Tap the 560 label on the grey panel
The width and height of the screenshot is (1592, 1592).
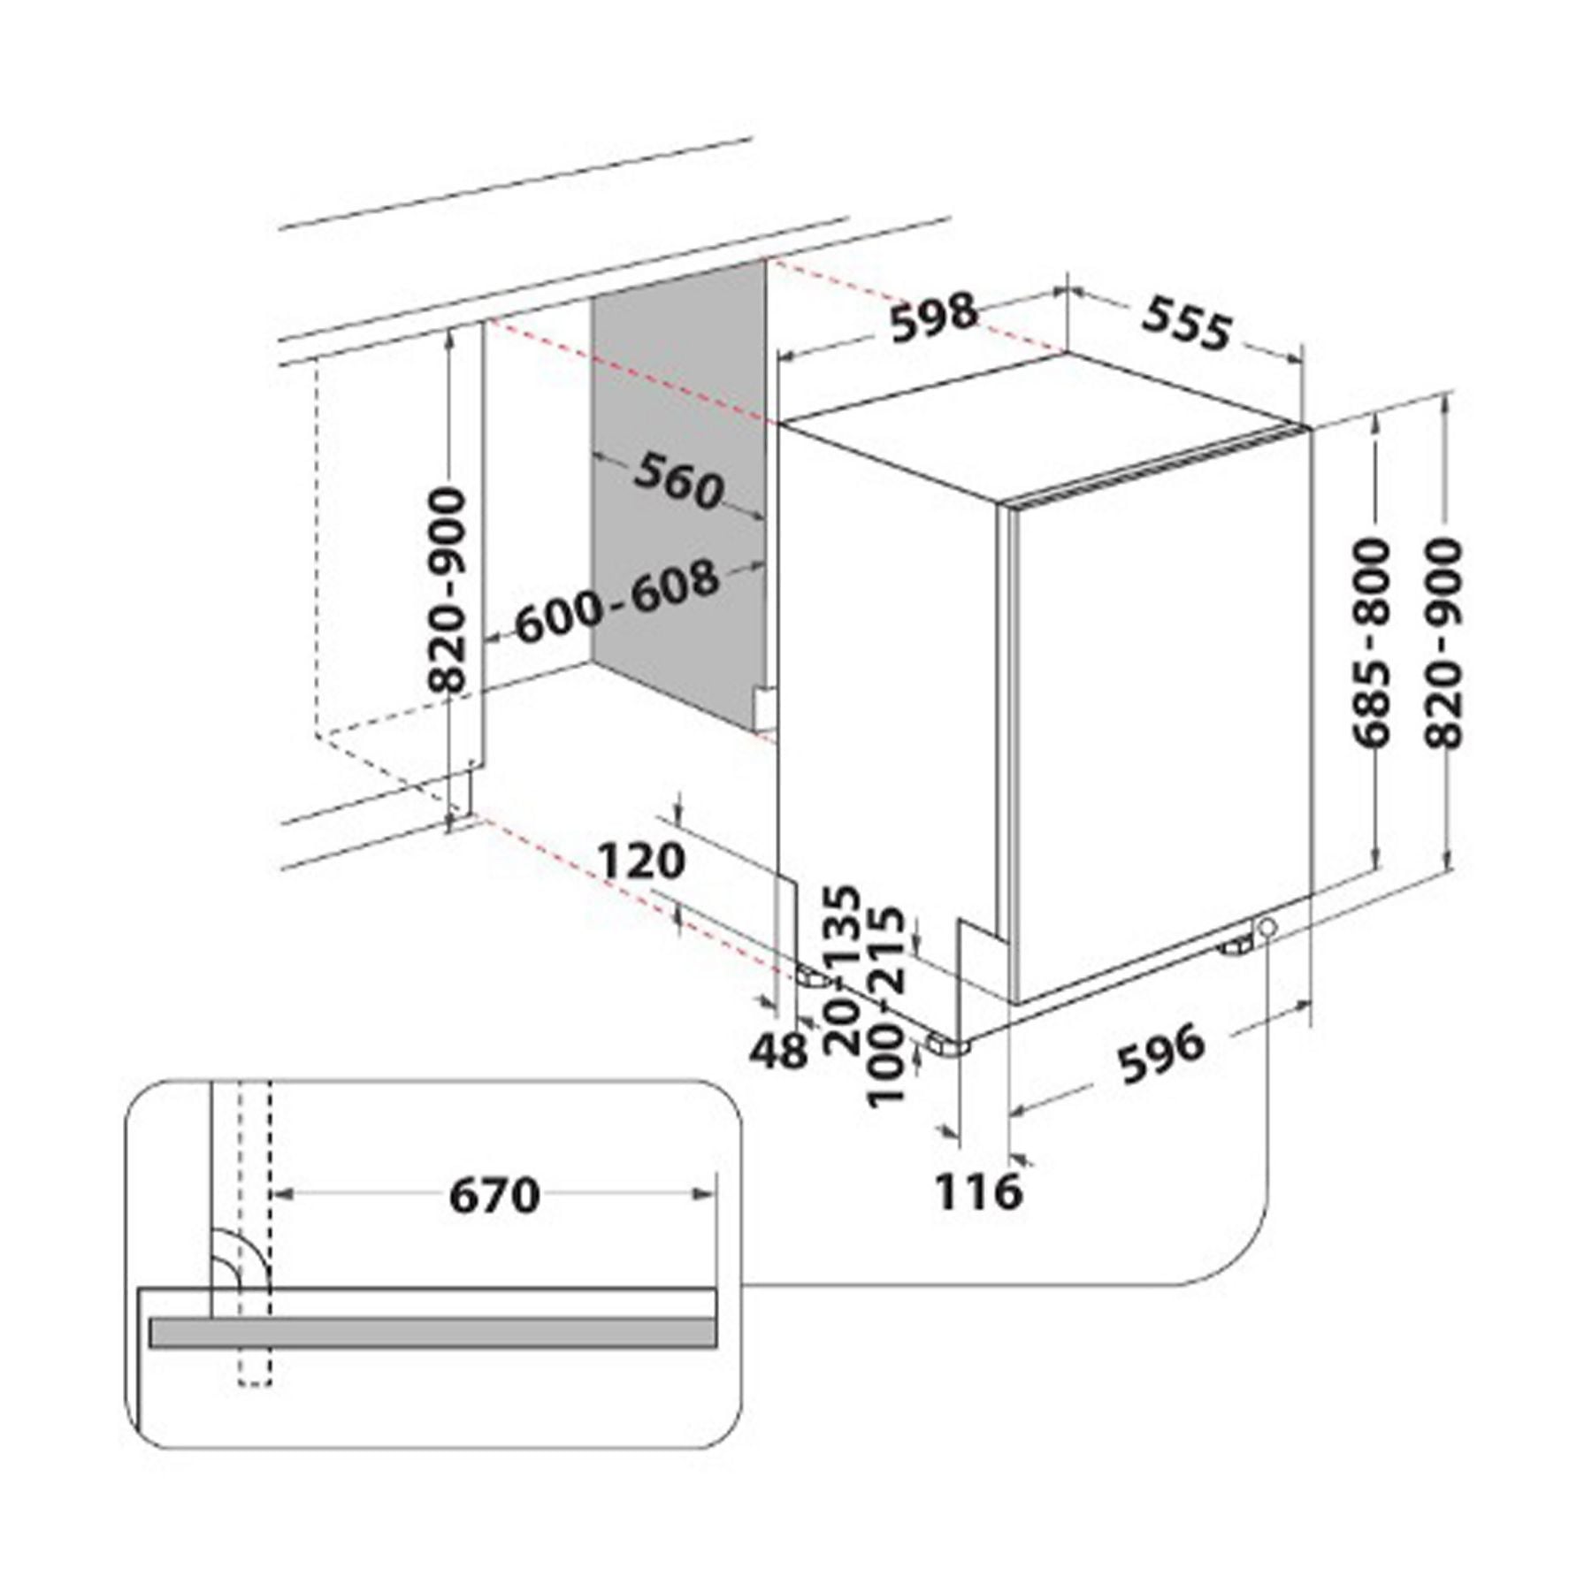coord(678,481)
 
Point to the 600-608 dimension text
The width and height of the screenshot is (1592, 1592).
coord(617,602)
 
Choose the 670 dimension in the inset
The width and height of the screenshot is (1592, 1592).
coord(494,1196)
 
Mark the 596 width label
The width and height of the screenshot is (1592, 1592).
coord(1161,1053)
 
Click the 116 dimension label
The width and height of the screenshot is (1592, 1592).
coord(979,1191)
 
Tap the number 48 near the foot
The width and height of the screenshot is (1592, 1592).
coord(779,1051)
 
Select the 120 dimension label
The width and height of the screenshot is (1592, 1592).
coord(642,861)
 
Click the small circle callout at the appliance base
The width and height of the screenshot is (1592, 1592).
coord(1267,927)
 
